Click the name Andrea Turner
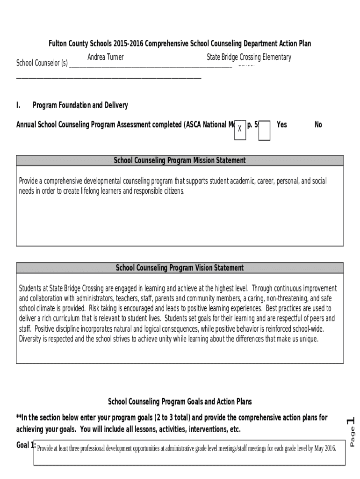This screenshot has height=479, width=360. pos(106,57)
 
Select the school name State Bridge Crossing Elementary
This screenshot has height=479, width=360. pos(249,57)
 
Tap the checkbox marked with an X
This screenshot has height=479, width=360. pos(239,128)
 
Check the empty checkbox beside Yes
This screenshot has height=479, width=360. pos(264,130)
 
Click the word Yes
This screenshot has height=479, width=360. pos(282,124)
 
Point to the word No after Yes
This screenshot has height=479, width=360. pos(318,124)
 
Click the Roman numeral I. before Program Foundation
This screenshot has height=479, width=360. pos(18,105)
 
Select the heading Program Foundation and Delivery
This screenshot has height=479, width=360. pos(80,105)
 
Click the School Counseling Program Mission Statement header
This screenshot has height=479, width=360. pos(180,160)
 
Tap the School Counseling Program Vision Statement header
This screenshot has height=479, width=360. pos(180,268)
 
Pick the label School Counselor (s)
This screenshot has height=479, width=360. pos(42,63)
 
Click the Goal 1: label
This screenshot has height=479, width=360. pos(26,445)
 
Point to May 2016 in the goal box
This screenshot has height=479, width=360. pos(324,449)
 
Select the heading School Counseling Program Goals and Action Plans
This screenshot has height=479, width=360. pos(180,401)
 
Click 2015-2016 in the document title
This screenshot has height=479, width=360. pos(128,44)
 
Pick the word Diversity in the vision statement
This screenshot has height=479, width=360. pos(30,339)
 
